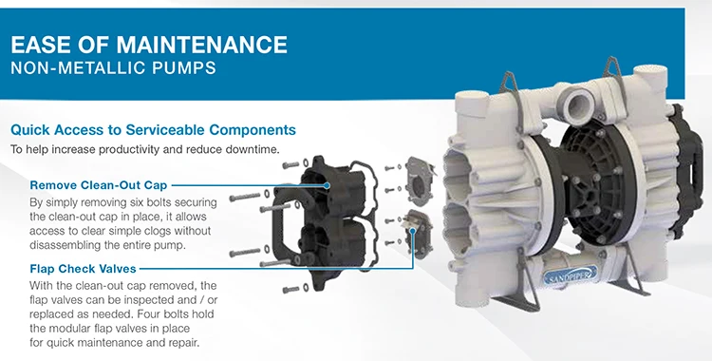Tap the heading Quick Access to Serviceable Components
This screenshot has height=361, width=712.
(153, 129)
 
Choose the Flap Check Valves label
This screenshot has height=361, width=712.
(84, 269)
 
